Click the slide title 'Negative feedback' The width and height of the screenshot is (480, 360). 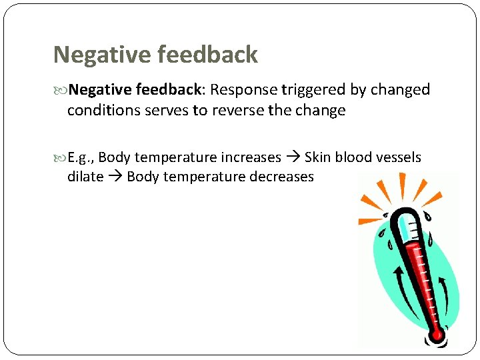[x=155, y=55]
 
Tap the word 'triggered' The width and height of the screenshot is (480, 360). [x=313, y=90]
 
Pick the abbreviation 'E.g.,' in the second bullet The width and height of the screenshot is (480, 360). [x=81, y=158]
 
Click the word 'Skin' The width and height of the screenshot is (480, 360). [x=318, y=158]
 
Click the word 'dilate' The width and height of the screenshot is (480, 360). [x=85, y=177]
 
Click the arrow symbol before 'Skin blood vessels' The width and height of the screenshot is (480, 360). [x=293, y=158]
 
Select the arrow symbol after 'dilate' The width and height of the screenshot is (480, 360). [x=115, y=177]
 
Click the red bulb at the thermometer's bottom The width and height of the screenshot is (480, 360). [x=437, y=334]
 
